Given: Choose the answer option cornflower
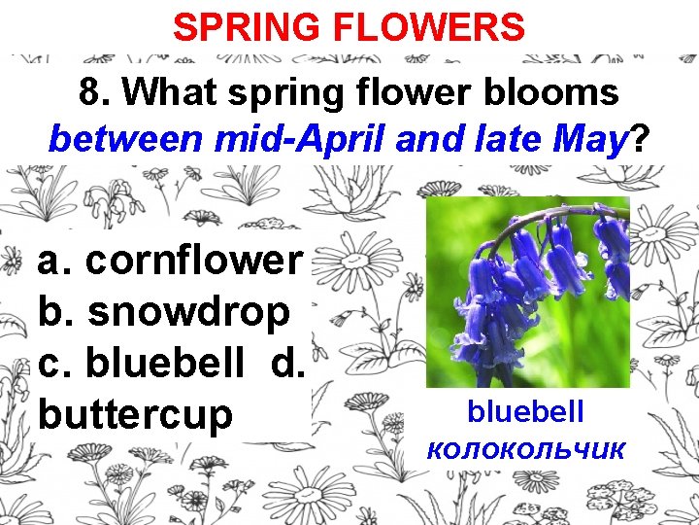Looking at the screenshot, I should click(194, 260).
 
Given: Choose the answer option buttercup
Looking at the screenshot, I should click(136, 414).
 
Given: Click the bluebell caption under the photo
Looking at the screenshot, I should click(525, 411).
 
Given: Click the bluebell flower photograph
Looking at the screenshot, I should click(527, 292).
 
